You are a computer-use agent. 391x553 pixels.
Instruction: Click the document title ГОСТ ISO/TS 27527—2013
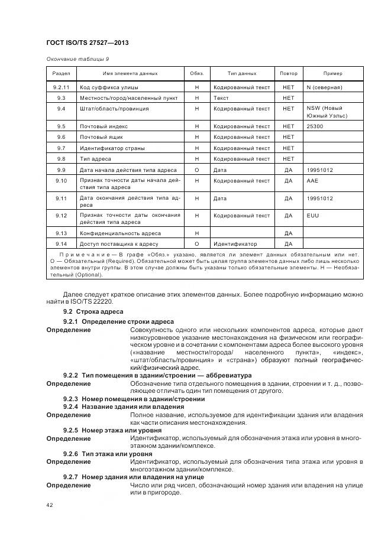click(87, 43)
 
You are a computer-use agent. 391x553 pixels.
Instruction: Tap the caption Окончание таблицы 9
click(77, 59)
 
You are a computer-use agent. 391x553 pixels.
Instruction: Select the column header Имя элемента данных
click(130, 74)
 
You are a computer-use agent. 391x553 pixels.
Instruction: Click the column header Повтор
click(288, 74)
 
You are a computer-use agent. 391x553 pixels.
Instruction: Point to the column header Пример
click(332, 74)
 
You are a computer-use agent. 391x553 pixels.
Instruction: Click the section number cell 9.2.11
click(61, 87)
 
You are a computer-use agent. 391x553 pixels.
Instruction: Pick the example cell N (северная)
click(324, 87)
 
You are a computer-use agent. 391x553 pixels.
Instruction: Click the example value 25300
click(315, 126)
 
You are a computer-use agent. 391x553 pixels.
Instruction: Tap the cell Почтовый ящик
click(101, 137)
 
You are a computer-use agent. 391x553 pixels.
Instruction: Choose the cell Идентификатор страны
click(112, 148)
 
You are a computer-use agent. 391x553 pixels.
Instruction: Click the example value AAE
click(312, 181)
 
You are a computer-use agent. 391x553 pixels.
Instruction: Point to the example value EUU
click(313, 216)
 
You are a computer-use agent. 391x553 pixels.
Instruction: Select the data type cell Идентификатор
click(235, 243)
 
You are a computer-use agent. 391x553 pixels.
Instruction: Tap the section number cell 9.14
click(61, 243)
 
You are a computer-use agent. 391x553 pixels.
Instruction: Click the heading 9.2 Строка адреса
click(93, 311)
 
